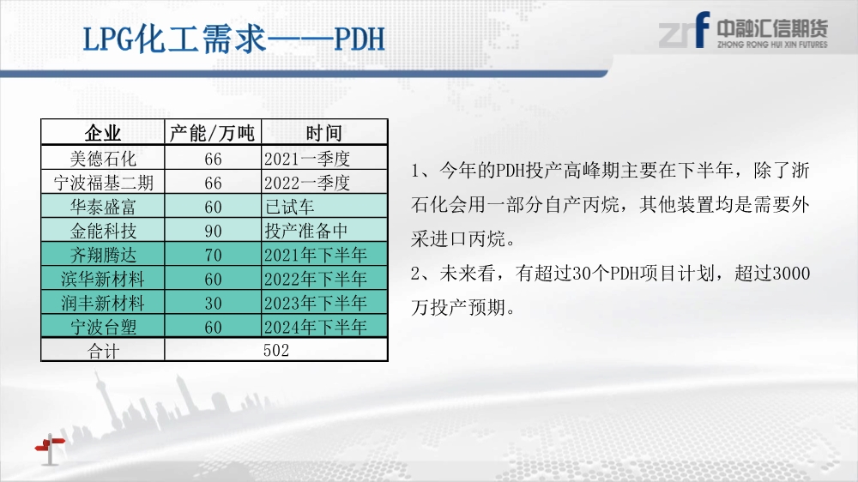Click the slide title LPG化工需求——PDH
[233, 39]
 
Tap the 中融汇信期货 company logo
[743, 31]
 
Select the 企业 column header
[102, 133]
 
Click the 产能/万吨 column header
[212, 133]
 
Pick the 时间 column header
[324, 133]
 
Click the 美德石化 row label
[103, 159]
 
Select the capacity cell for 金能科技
[213, 231]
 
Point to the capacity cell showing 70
[213, 255]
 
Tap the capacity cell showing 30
[213, 303]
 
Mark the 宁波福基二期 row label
[103, 183]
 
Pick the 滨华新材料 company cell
[103, 279]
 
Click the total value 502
[275, 350]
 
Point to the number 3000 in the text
[791, 273]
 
